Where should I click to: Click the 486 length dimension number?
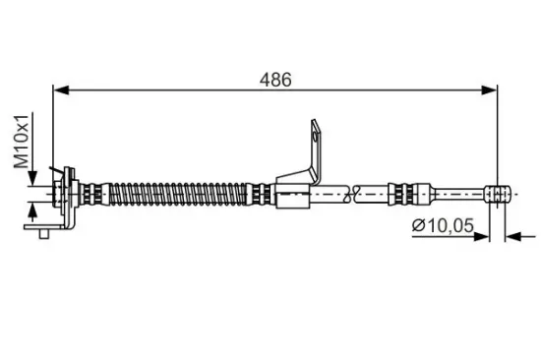tap(277, 80)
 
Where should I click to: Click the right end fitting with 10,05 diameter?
tap(499, 191)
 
